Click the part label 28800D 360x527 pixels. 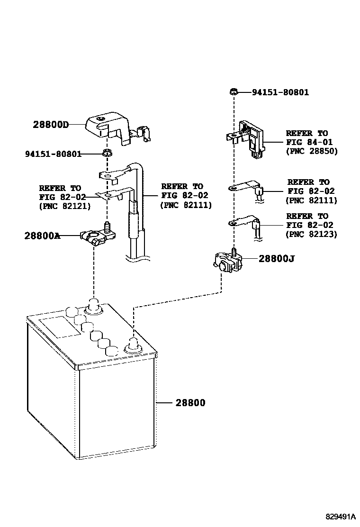pos(51,125)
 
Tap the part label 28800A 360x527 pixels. pos(42,236)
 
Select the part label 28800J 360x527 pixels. pos(276,259)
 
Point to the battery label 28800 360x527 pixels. pos(190,403)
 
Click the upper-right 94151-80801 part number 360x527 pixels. pos(280,92)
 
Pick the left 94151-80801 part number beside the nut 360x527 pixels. pos(53,154)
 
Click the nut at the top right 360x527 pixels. pos(233,91)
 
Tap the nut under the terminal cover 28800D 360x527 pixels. pos(108,153)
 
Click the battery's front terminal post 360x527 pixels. pos(133,346)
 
